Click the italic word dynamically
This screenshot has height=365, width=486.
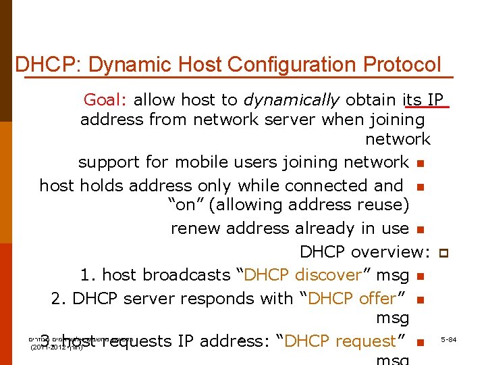coord(292,100)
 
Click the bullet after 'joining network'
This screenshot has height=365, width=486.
coord(420,163)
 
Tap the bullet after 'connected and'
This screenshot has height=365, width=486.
coord(420,186)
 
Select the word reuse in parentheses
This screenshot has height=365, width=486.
coord(385,205)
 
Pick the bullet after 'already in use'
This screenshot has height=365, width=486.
coord(420,229)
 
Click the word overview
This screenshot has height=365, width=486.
coord(388,252)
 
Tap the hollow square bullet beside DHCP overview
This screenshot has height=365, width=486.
coord(443,252)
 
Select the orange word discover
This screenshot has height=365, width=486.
coord(329,275)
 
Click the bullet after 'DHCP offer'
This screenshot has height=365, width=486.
coord(420,299)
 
